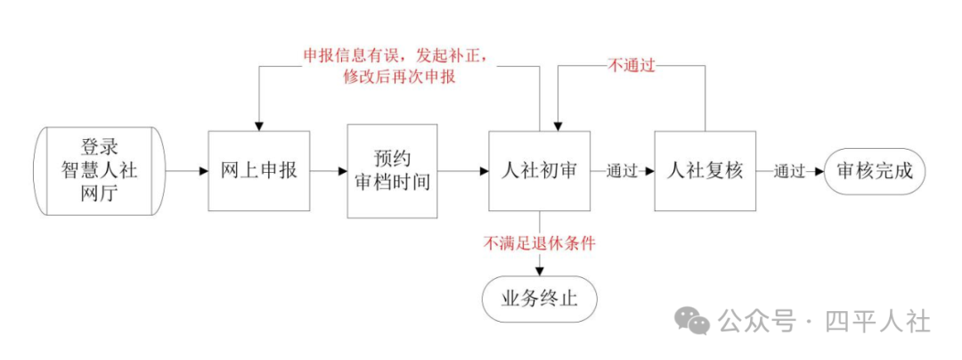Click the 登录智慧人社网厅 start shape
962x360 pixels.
pyautogui.click(x=99, y=171)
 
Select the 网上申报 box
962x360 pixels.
pyautogui.click(x=259, y=171)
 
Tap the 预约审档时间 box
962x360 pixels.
pyautogui.click(x=392, y=171)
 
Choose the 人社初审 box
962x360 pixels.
pyautogui.click(x=539, y=171)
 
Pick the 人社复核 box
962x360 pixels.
pyautogui.click(x=705, y=171)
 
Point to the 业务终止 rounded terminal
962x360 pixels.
pyautogui.click(x=539, y=299)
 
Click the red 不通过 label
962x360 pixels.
pyautogui.click(x=631, y=64)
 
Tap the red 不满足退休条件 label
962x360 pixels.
pyautogui.click(x=539, y=244)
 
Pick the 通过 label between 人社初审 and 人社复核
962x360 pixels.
pyautogui.click(x=622, y=171)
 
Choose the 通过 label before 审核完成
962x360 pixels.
pyautogui.click(x=789, y=171)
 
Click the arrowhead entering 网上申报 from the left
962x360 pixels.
pyautogui.click(x=204, y=171)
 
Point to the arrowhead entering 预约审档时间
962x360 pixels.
pyautogui.click(x=342, y=171)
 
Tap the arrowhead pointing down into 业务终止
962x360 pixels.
pyautogui.click(x=539, y=273)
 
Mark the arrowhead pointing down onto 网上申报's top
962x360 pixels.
pyautogui.click(x=259, y=125)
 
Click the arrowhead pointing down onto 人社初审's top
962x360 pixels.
pyautogui.click(x=558, y=126)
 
